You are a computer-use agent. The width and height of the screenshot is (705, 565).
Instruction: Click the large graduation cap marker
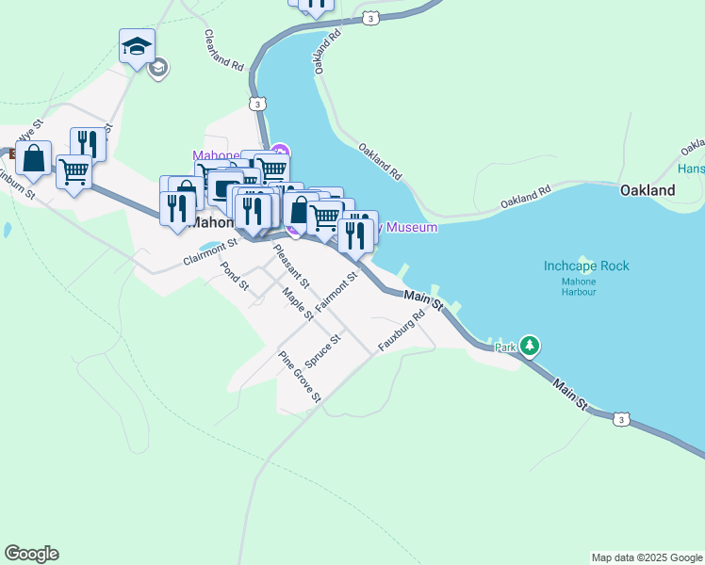137,46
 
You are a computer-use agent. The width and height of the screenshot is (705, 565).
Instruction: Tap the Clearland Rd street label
224,52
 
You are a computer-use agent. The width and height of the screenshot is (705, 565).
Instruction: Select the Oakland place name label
648,190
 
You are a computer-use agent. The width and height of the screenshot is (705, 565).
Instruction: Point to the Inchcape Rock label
585,266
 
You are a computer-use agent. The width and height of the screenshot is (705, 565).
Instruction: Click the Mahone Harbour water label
579,286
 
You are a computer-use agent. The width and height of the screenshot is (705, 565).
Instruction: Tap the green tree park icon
531,347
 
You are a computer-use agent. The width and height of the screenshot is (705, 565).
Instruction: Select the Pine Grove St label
300,376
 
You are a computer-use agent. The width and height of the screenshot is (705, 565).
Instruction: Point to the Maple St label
297,304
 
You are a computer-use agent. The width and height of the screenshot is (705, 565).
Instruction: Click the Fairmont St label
337,292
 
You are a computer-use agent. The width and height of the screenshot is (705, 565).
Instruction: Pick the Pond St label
234,277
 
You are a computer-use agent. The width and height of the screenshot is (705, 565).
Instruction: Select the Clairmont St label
211,251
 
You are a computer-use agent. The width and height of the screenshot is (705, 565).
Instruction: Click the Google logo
31,554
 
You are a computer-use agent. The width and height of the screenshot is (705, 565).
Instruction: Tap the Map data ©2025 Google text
647,557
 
